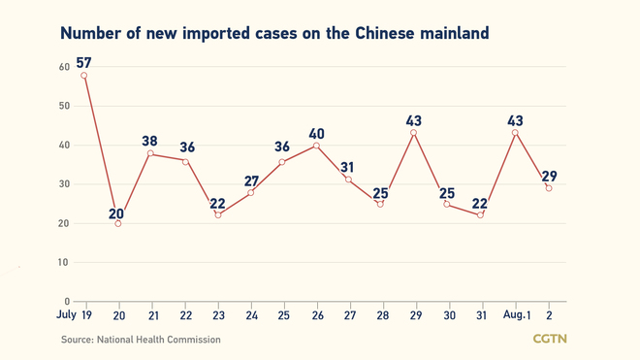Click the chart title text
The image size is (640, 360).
click(274, 33)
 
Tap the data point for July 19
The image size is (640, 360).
click(84, 75)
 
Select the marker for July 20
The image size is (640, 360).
click(118, 223)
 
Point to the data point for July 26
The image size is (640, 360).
click(317, 146)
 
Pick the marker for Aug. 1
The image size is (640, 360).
click(515, 133)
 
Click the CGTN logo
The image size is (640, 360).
click(551, 339)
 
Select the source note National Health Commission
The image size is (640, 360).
click(141, 340)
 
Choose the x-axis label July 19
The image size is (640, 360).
click(74, 316)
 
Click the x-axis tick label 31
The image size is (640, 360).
click(480, 316)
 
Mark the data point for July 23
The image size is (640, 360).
click(217, 215)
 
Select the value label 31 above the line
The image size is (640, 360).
click(350, 165)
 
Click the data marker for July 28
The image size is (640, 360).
click(380, 204)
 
